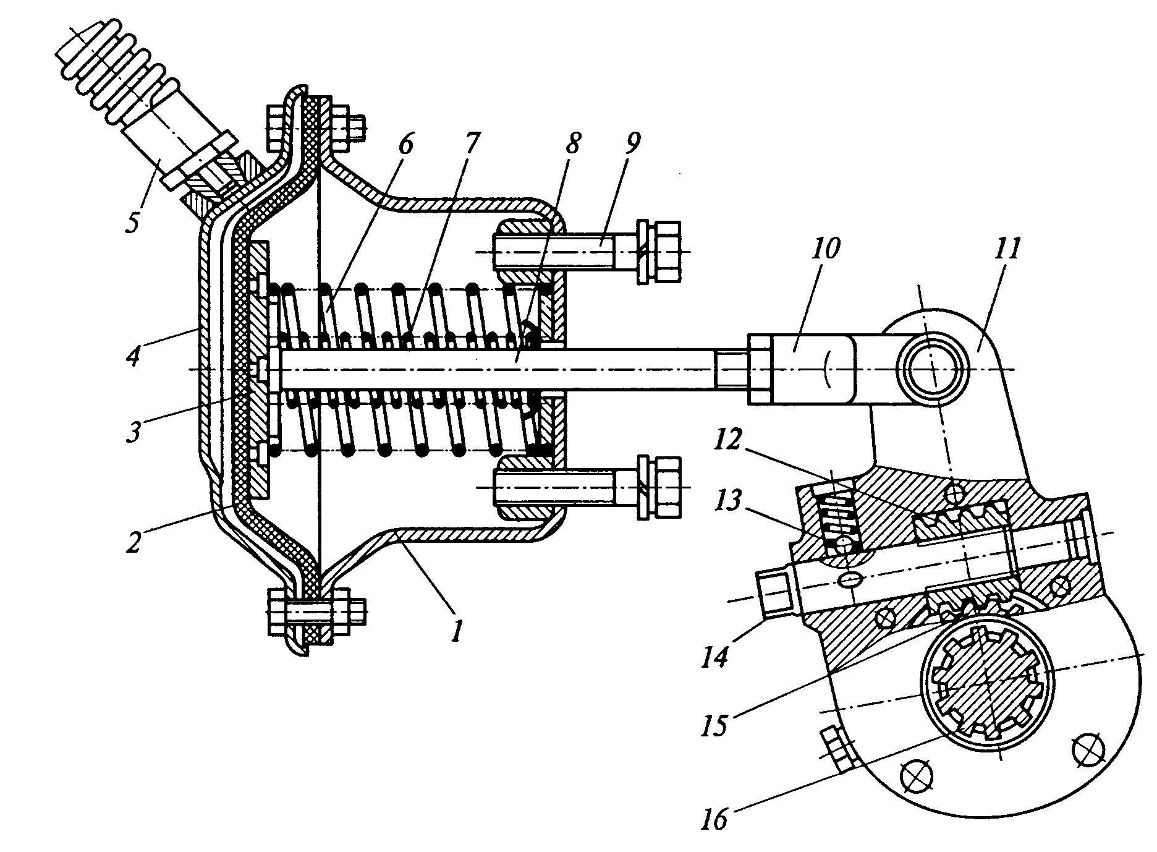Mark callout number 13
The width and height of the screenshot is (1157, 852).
726,503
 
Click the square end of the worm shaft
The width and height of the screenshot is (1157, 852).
773,591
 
